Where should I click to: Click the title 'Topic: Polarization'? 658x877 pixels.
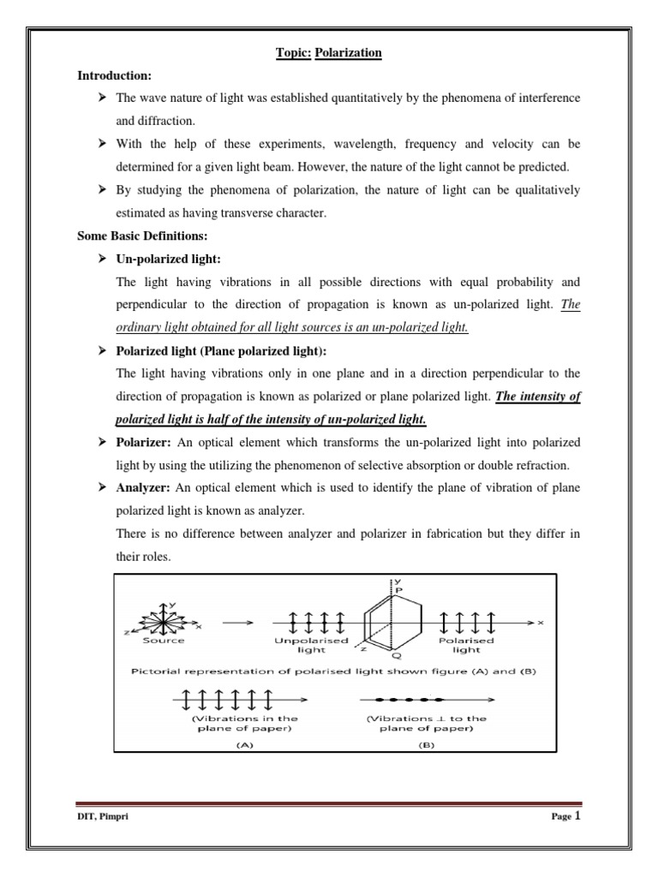(x=329, y=53)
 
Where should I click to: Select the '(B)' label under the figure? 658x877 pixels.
(x=427, y=745)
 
